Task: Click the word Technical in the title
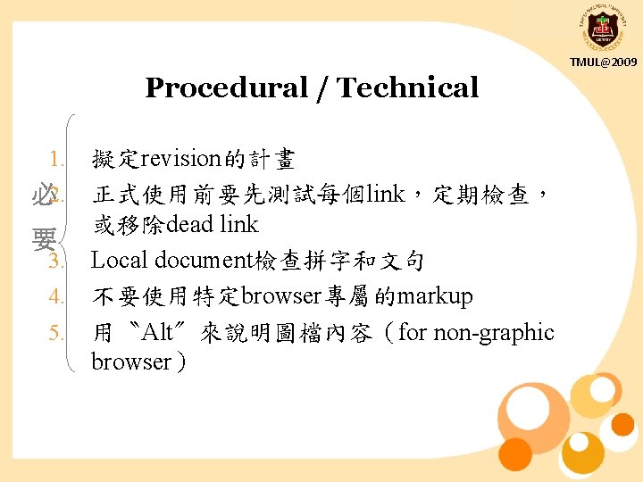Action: [408, 87]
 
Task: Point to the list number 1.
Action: [57, 160]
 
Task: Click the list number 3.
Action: [57, 262]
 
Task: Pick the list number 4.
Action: [57, 296]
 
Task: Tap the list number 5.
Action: [57, 333]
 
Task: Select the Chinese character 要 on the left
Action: [41, 239]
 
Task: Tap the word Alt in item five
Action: [157, 333]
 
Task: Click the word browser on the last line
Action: [130, 361]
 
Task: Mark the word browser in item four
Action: [280, 296]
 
